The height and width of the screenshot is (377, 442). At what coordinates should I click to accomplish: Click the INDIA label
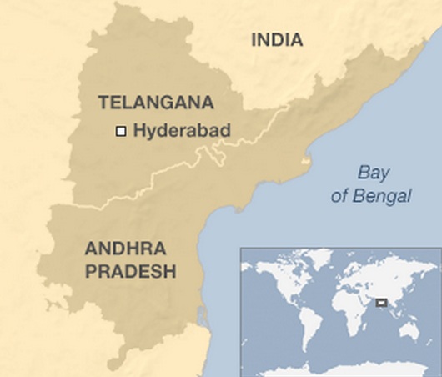click(x=277, y=39)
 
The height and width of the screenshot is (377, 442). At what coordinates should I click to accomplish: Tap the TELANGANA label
click(x=156, y=103)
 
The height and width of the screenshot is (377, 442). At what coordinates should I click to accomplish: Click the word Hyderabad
click(x=182, y=130)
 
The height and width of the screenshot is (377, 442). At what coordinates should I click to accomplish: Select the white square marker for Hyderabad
click(x=121, y=131)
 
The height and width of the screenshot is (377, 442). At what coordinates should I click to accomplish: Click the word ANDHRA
click(x=125, y=249)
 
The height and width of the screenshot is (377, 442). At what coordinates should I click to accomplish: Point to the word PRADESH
click(x=130, y=271)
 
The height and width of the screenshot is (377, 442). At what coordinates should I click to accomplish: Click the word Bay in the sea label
click(x=374, y=173)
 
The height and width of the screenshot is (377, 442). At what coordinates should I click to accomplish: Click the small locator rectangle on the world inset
click(x=381, y=302)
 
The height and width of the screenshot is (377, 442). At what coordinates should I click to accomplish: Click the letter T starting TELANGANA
click(x=103, y=103)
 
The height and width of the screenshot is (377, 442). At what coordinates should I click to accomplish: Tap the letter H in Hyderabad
click(x=138, y=130)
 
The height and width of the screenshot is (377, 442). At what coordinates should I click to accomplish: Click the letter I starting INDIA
click(x=254, y=39)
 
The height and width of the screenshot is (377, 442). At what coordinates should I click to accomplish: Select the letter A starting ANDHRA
click(x=91, y=249)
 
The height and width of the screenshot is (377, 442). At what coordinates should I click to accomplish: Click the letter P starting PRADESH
click(x=89, y=271)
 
